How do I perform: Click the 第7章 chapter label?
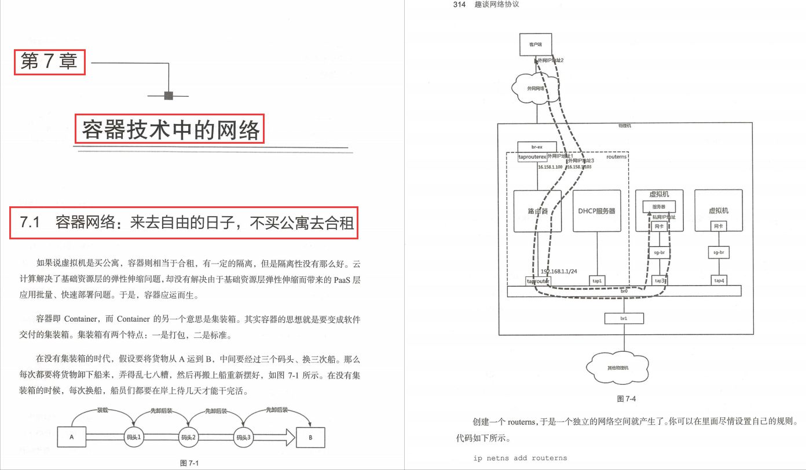click(49, 61)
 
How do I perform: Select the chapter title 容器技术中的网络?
click(170, 129)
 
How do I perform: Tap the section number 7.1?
click(30, 222)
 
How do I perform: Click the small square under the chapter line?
click(168, 96)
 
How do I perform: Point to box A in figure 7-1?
click(72, 437)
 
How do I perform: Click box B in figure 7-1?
click(310, 437)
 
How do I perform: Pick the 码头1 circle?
click(133, 437)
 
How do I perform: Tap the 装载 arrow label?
click(102, 410)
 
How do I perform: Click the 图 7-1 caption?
click(189, 463)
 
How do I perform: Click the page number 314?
click(460, 5)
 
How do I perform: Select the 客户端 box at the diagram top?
click(536, 44)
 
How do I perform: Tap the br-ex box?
click(536, 147)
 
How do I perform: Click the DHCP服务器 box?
click(596, 211)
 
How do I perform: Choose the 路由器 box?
click(538, 211)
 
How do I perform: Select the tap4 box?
click(719, 280)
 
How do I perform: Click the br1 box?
click(624, 318)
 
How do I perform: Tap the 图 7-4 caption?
click(627, 399)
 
